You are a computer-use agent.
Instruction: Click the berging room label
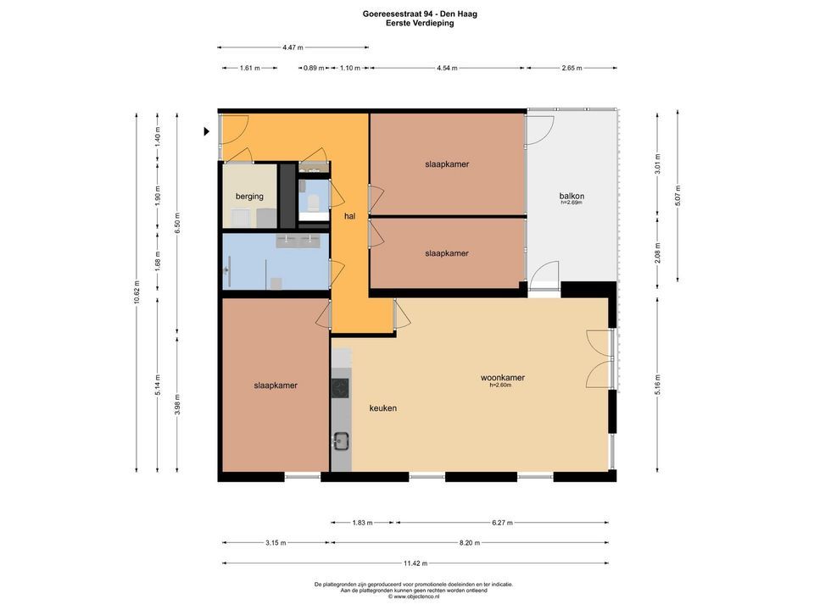click(249, 197)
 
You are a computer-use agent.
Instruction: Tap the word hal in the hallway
click(348, 217)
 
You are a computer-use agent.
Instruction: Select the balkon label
click(571, 196)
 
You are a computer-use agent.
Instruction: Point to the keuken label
click(382, 408)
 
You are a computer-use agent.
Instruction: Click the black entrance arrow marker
click(207, 131)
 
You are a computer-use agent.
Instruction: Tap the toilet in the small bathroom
click(313, 202)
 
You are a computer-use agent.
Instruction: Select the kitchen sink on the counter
click(342, 440)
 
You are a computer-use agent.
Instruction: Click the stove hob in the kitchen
click(341, 388)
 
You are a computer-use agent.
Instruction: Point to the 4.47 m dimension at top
click(293, 47)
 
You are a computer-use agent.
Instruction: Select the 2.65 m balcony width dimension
click(571, 69)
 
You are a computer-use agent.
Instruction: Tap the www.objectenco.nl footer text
click(414, 596)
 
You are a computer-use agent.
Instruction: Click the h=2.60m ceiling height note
click(501, 385)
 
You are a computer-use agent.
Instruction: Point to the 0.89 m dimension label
click(314, 69)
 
